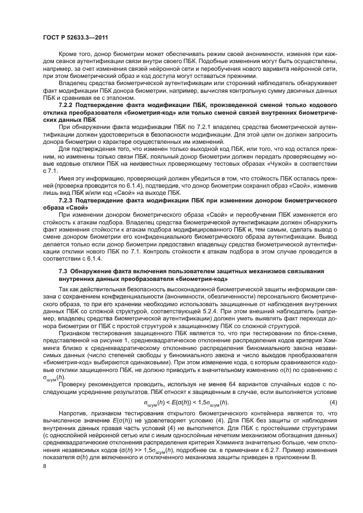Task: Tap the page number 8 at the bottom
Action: pos(44,466)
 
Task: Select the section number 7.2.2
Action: pos(68,104)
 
